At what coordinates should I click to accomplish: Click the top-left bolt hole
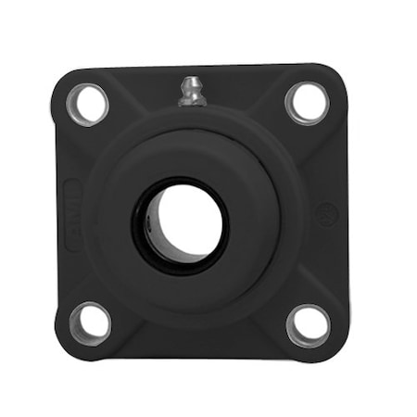[x=88, y=103]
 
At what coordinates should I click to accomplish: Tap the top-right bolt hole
[x=307, y=102]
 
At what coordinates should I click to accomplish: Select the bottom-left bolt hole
[x=90, y=322]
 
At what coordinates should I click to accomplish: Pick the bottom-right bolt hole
[x=308, y=324]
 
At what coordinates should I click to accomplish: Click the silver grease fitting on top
[x=192, y=92]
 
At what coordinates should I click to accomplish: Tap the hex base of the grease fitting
[x=193, y=99]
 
